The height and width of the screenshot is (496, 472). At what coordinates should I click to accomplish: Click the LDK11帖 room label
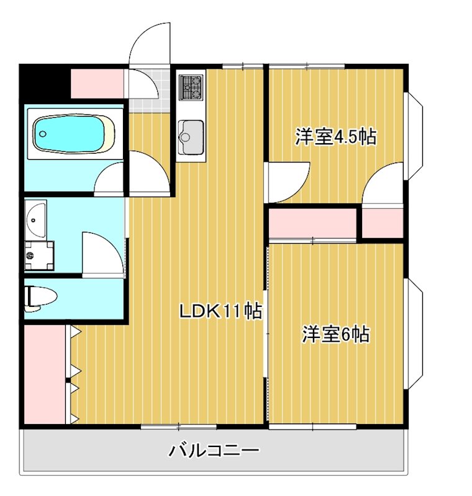pos(220,311)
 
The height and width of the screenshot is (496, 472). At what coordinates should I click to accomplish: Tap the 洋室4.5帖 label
pos(335,136)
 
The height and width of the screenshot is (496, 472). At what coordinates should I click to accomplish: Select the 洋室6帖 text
pos(336,335)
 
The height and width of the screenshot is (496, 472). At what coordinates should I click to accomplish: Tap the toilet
pos(40,296)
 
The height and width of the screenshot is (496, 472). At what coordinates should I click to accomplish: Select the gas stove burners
pos(191,87)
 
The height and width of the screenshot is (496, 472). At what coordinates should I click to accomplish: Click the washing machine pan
pos(39,254)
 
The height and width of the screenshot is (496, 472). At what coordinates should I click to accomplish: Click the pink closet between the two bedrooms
pos(312,223)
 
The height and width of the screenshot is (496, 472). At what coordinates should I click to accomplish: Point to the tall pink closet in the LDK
pos(45,374)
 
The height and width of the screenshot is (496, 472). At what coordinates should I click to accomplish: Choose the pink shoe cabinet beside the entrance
pos(96,83)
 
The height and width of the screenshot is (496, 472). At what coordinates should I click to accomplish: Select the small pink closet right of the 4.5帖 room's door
pos(383,223)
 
